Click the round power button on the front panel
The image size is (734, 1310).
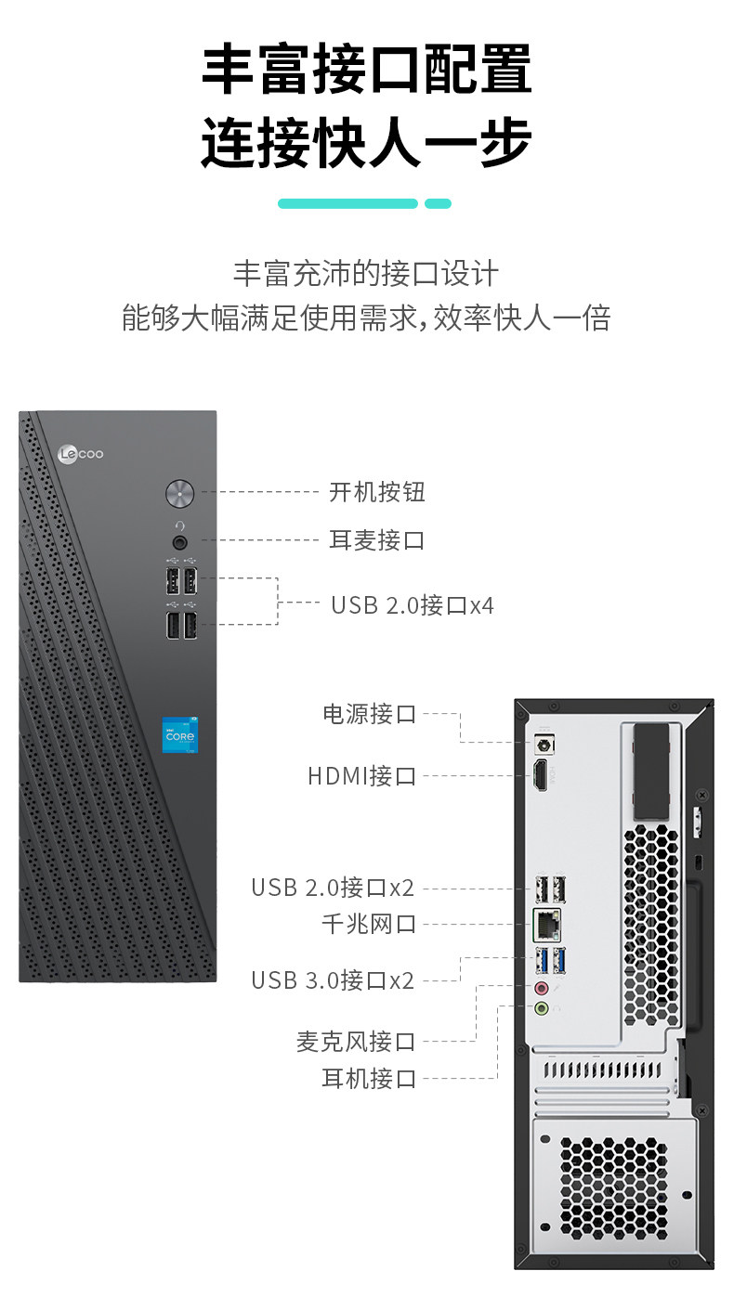[179, 493]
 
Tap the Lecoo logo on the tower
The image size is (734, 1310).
[81, 454]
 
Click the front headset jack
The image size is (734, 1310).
[179, 540]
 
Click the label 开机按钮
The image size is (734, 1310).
[376, 492]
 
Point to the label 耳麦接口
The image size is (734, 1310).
[376, 540]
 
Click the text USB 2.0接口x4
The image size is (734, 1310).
[413, 606]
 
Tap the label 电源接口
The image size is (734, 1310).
[369, 714]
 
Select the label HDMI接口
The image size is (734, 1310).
[361, 775]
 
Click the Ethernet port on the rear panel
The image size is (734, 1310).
[545, 923]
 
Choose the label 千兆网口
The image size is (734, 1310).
[369, 924]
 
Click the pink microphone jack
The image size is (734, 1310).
[542, 988]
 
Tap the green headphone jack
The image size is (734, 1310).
[542, 1007]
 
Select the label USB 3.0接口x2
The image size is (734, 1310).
[333, 980]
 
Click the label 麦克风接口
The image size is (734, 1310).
[356, 1042]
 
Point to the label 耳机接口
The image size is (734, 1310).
[369, 1079]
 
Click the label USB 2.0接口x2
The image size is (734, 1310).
[333, 888]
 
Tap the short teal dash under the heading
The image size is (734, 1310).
[438, 203]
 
